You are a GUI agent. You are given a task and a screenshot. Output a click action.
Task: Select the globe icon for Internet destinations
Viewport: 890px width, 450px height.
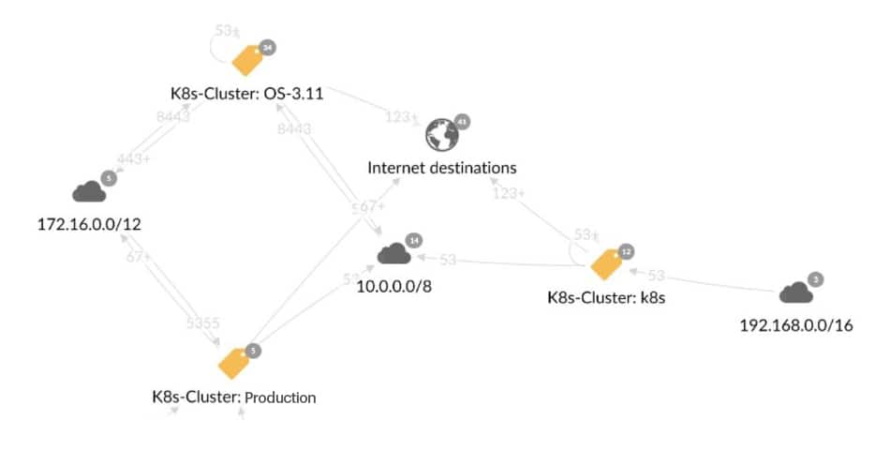441,135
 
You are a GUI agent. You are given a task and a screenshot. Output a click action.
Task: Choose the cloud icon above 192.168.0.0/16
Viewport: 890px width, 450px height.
796,292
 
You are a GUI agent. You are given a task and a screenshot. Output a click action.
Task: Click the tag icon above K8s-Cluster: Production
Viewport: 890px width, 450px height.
234,363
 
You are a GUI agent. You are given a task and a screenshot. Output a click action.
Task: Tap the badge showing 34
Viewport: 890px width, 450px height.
269,46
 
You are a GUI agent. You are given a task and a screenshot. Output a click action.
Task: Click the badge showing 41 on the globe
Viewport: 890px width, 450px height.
461,121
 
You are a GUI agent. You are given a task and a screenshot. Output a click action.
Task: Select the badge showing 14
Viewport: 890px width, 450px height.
413,240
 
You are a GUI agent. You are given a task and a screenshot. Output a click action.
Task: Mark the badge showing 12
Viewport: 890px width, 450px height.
627,251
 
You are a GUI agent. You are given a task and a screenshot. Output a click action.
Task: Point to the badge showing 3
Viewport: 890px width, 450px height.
816,279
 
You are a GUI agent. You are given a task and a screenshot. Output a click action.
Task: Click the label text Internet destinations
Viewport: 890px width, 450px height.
442,169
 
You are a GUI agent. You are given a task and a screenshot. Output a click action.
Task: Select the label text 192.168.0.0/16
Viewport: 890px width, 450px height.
796,326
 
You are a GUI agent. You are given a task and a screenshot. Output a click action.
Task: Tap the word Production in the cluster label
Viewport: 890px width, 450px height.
280,397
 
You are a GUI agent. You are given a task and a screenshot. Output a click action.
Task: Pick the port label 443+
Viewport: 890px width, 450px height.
134,159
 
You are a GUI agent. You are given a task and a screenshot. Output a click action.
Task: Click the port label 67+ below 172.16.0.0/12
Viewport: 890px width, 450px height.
139,256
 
